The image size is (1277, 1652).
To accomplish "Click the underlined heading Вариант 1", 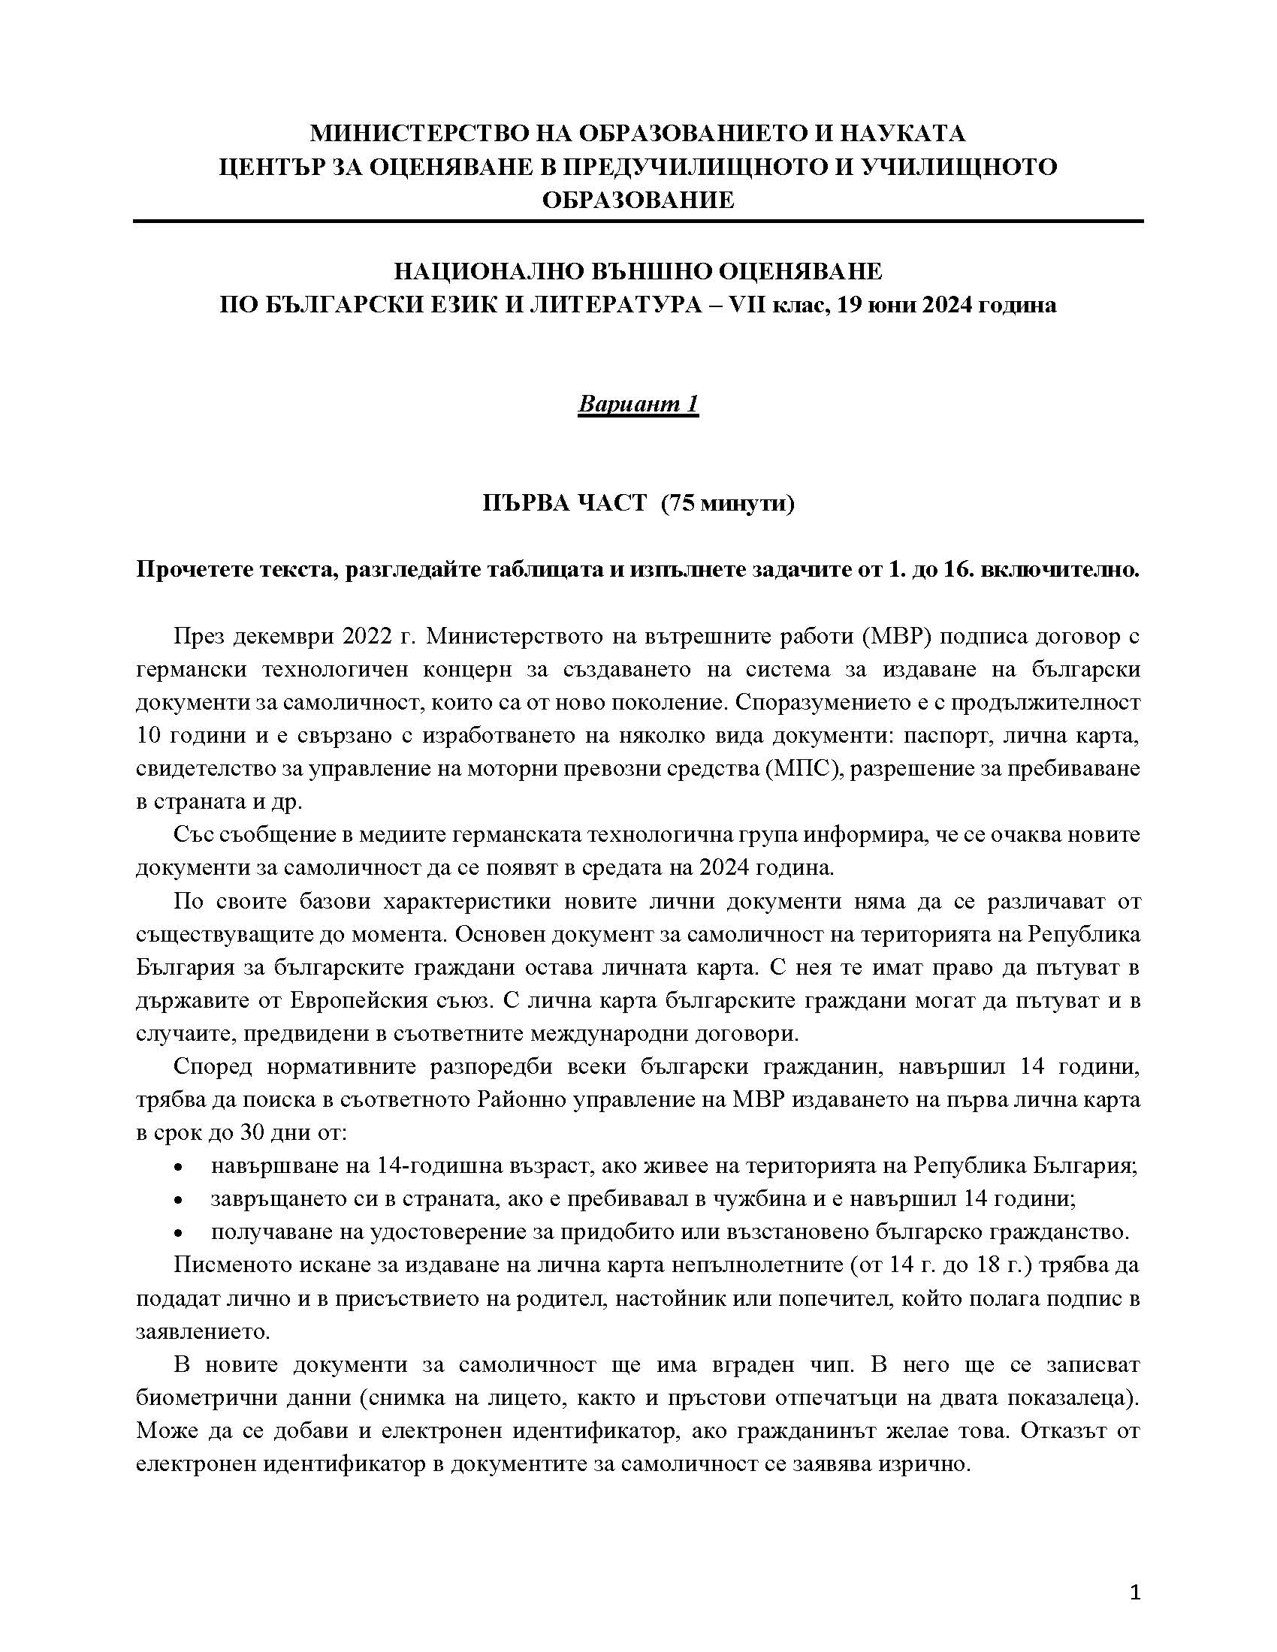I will [638, 404].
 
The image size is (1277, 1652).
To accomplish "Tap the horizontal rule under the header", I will [638, 222].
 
